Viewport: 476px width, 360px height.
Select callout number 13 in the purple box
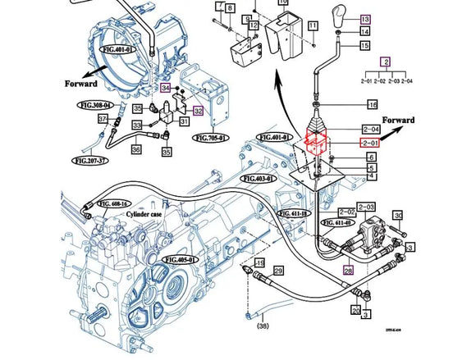tap(364, 18)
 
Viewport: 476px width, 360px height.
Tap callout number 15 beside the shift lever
tap(364, 46)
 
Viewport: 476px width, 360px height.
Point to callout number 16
tap(372, 105)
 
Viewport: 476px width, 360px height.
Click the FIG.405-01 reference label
tap(181, 259)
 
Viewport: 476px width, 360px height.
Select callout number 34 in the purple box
tap(165, 87)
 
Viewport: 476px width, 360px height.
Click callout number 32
tap(198, 111)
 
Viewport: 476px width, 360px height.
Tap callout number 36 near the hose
tap(136, 149)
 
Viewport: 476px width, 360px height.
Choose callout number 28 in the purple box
tap(348, 270)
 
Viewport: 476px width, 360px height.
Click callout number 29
tap(278, 271)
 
